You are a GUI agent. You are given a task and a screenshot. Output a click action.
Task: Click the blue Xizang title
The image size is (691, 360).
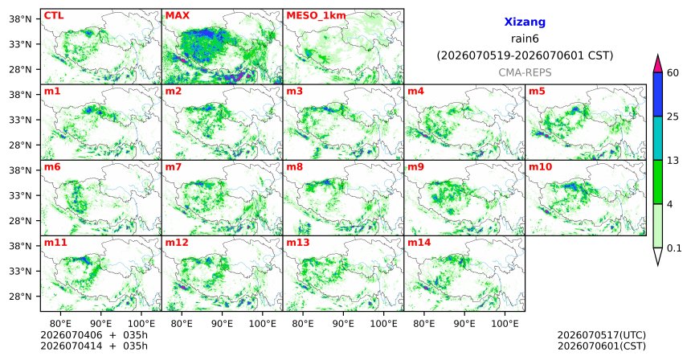coord(525,22)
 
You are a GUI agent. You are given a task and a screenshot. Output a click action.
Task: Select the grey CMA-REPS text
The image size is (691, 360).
coord(525,72)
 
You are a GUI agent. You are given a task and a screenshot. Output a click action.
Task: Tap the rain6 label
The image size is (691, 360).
coord(525,39)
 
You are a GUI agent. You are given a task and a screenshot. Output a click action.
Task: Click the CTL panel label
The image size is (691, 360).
coord(54,15)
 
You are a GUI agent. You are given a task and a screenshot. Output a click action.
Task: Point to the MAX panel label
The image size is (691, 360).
coord(177,15)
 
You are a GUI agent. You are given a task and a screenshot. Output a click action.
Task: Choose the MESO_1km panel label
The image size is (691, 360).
coord(316,16)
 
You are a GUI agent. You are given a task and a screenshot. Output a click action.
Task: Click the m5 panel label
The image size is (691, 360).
coord(537,92)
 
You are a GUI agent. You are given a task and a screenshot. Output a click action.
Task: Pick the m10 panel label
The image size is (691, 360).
coord(540,167)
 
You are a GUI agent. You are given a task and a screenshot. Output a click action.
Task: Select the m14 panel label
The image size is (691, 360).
coord(419,243)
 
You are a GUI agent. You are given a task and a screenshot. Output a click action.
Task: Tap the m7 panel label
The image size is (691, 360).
coord(174,167)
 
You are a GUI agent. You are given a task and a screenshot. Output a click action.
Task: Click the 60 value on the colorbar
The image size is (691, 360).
coord(673,72)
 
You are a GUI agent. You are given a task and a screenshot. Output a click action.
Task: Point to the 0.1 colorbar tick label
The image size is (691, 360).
coord(674,248)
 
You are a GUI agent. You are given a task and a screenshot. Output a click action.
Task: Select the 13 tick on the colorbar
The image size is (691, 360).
coord(673,161)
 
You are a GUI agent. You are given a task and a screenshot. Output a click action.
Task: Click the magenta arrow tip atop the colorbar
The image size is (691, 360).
coord(657,55)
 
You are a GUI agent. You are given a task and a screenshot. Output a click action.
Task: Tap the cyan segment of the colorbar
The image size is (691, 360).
coord(657,138)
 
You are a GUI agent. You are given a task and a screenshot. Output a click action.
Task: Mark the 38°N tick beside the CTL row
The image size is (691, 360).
coord(20,18)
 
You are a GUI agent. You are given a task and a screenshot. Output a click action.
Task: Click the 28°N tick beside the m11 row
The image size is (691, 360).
coord(20,296)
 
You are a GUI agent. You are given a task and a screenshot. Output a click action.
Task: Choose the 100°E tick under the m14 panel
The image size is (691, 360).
coord(505,324)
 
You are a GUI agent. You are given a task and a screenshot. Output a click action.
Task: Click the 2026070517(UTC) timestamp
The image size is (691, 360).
coord(602,336)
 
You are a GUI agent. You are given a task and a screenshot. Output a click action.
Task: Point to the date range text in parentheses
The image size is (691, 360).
coord(525,55)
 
